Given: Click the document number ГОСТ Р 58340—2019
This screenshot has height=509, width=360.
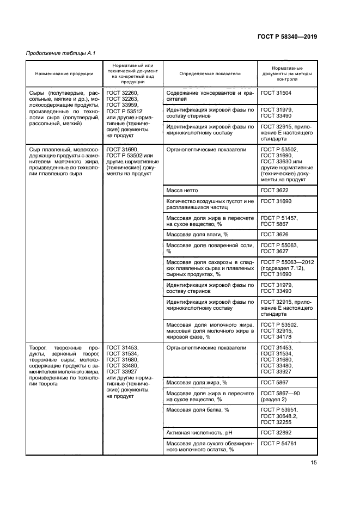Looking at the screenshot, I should (x=287, y=36).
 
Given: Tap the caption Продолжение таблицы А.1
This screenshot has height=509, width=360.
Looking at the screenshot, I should (x=53, y=53).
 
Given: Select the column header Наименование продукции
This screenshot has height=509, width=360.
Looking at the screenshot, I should (x=64, y=73).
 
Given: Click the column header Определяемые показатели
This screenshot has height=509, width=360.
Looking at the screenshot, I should (x=210, y=73).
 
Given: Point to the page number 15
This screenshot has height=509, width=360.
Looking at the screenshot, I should (x=314, y=463).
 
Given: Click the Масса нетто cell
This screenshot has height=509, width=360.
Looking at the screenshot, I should (x=182, y=191).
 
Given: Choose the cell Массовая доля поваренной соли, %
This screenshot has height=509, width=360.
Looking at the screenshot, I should (x=210, y=248).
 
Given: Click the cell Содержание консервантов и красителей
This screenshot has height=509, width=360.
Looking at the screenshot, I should (x=210, y=96).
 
